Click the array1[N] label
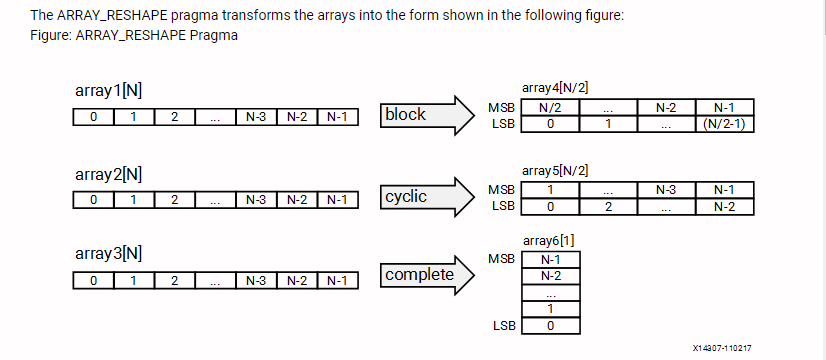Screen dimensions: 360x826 [x=108, y=91]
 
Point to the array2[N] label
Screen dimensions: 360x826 [x=108, y=174]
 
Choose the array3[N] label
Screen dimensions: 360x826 [x=108, y=254]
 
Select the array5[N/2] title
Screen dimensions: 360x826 [x=548, y=170]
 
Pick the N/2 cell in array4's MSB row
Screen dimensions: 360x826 [x=549, y=107]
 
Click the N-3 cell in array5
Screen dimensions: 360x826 [x=665, y=189]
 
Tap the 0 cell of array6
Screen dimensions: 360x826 [x=549, y=326]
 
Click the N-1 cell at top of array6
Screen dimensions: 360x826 [x=549, y=259]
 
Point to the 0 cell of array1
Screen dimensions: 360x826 [x=93, y=117]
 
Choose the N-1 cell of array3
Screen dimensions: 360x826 [x=336, y=280]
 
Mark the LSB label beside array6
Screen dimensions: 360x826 [x=503, y=326]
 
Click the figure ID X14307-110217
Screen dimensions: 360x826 [x=722, y=348]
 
